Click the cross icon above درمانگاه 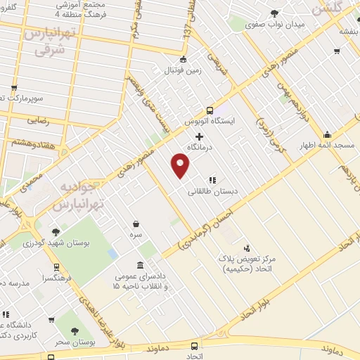click(x=199, y=136)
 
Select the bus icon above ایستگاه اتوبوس click(x=210, y=110)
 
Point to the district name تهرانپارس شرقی click(x=48, y=41)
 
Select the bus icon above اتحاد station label click(x=195, y=346)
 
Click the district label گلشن click(x=328, y=9)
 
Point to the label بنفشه click(x=346, y=32)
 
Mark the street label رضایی click(x=38, y=120)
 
